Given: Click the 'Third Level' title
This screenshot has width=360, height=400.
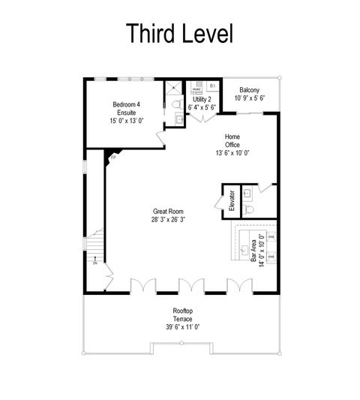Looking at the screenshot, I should (x=180, y=33).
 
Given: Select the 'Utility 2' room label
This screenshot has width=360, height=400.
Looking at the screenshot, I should (x=202, y=99).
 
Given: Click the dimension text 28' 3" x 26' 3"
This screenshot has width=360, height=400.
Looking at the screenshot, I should (x=168, y=221).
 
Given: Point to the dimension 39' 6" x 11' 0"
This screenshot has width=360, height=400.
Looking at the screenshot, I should (x=184, y=327).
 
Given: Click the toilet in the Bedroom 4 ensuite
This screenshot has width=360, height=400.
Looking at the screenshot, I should (x=176, y=104).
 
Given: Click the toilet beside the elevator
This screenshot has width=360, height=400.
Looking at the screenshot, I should (x=250, y=204).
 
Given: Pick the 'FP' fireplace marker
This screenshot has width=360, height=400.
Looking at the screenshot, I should (x=114, y=158).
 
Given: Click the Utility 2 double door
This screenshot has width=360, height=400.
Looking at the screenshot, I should (x=201, y=117).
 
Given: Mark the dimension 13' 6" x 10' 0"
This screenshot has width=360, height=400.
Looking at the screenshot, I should (x=232, y=152).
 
